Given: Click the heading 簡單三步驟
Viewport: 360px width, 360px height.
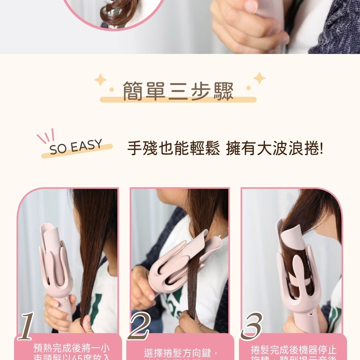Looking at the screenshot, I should click(178, 91).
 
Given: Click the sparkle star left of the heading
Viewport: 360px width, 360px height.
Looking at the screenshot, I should click(100, 80).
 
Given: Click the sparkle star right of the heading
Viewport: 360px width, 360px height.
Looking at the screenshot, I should click(259, 77).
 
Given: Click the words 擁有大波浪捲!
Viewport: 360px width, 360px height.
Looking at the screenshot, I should click(275, 149).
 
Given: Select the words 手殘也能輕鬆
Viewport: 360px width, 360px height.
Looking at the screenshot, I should click(173, 149).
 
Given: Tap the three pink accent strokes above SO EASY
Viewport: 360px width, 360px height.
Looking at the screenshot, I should click(46, 135).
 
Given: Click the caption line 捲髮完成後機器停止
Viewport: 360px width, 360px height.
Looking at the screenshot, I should click(293, 350).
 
